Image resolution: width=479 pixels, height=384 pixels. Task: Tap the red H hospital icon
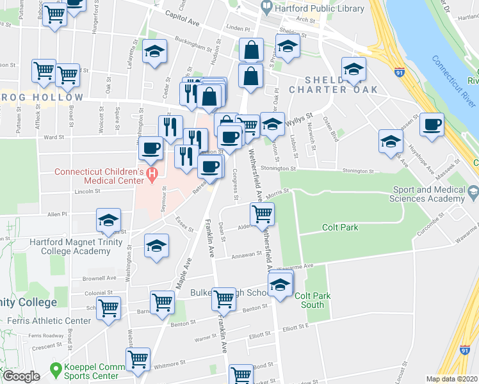point(152,173)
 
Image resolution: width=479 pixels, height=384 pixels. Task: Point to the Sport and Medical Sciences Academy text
point(429,195)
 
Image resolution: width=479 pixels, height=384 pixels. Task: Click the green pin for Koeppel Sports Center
point(56,369)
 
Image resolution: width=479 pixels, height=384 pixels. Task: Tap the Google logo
point(21,376)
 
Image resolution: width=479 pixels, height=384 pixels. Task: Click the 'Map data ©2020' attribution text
point(451,379)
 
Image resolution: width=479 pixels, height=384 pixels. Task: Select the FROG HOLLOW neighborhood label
point(42,97)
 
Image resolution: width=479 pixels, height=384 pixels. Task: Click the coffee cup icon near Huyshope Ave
point(432,125)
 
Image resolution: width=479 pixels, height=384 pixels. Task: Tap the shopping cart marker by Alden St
point(263,215)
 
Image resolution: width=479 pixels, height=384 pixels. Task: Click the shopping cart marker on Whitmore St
point(138,362)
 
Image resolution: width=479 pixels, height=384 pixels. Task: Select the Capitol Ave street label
point(183,14)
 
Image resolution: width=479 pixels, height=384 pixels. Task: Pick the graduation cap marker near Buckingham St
point(154,54)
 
